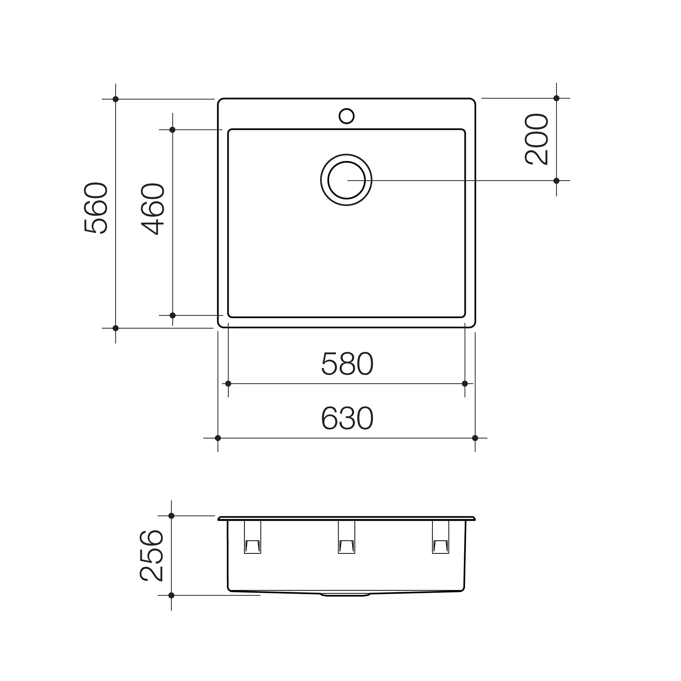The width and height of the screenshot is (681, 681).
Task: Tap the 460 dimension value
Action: pos(153,209)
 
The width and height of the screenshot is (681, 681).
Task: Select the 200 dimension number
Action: pos(536,139)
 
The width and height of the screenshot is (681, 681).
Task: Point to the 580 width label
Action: pos(347,364)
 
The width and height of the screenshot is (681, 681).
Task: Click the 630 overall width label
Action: pos(347,418)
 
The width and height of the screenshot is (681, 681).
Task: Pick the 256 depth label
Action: pos(151,555)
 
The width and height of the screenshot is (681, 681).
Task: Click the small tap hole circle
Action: pos(346,116)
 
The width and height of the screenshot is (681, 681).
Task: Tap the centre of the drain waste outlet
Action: pos(346,180)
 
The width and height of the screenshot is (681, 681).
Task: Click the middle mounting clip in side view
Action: pos(346,537)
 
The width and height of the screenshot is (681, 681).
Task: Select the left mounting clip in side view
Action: pos(252,537)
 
